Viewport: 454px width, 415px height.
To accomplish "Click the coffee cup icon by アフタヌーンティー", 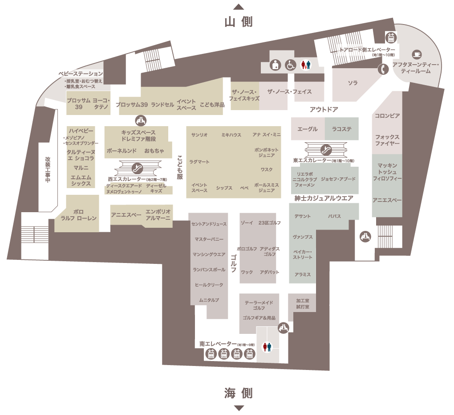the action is tap(417, 54).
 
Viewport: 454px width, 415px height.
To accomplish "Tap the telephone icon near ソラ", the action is tap(384, 69).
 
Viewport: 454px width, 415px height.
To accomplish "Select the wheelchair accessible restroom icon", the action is tap(290, 65).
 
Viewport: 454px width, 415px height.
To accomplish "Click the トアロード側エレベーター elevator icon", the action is tap(391, 38).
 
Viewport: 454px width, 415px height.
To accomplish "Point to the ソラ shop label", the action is tap(353, 83).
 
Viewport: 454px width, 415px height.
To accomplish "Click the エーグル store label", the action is tap(308, 129).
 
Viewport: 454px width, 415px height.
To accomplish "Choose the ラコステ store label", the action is tap(342, 129).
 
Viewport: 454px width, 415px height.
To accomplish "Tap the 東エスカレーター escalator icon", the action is tap(326, 150).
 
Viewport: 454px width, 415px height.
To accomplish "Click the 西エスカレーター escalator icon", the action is tap(137, 168).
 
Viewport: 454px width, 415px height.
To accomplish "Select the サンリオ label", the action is tap(199, 135).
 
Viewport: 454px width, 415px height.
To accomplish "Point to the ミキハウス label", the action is tap(231, 135).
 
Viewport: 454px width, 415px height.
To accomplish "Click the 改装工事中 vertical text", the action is tap(48, 170).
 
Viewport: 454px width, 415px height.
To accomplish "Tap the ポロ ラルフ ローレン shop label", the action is tap(78, 215).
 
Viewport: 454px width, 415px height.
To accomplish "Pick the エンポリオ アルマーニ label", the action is tap(158, 214).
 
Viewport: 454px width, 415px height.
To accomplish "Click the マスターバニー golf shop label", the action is tap(209, 239).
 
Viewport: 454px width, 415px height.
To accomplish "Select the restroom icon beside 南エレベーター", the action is tap(267, 347).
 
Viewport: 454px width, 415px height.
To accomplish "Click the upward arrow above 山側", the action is tap(239, 7).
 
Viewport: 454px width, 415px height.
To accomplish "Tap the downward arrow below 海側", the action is tap(239, 408).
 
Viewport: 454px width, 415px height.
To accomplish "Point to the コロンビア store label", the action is tap(387, 116).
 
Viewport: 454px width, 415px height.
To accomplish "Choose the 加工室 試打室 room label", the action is tap(303, 304).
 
